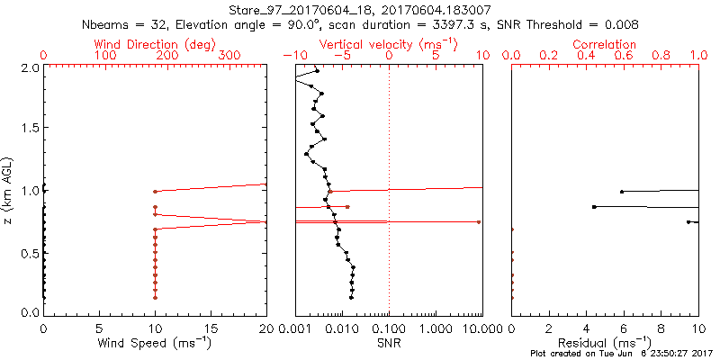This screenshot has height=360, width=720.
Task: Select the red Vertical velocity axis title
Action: [x=389, y=43]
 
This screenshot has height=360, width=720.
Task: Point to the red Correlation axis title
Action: [x=605, y=43]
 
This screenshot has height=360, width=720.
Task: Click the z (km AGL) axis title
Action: [x=9, y=189]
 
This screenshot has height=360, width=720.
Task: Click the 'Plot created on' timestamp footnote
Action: [x=620, y=354]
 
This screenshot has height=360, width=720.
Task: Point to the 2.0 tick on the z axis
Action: [x=29, y=67]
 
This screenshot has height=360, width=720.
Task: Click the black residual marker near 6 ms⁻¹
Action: [x=622, y=192]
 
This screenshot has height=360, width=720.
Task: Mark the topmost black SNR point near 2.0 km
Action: [x=316, y=70]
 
